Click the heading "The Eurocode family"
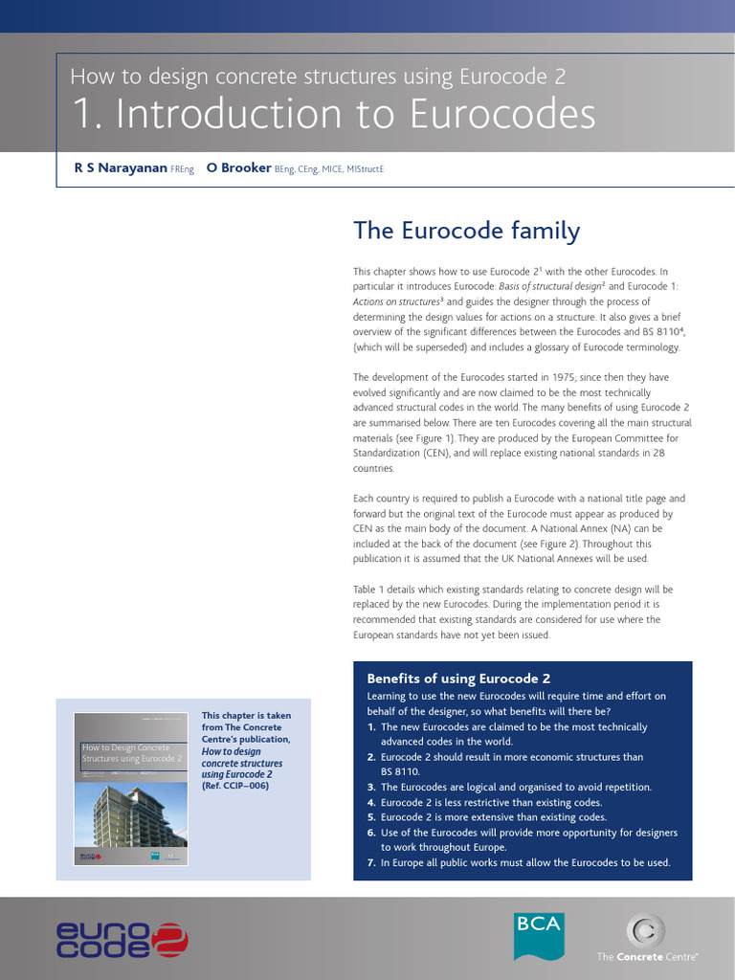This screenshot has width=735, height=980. (x=466, y=231)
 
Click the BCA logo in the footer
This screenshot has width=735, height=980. (x=539, y=935)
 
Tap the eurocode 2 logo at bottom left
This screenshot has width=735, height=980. (x=121, y=938)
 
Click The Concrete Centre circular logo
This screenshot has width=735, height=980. (x=645, y=930)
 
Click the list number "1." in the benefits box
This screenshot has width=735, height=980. (x=371, y=727)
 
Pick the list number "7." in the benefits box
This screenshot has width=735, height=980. (x=371, y=862)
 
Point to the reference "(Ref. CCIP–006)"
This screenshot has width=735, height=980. (x=235, y=786)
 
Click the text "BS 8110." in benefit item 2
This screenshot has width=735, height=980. (x=400, y=770)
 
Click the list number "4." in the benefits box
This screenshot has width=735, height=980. (x=371, y=802)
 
